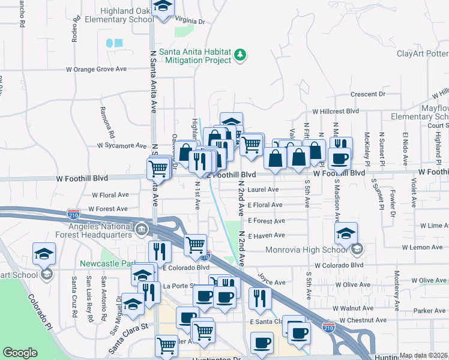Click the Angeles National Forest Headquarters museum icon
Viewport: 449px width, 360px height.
pos(142,229)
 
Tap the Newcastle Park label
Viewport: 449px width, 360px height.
pos(105,263)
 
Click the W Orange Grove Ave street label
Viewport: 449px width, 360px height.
pos(96,69)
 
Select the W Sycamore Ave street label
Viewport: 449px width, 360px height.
pos(122,146)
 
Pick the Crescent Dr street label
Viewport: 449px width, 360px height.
pos(367,94)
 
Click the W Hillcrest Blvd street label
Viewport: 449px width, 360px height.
pos(335,112)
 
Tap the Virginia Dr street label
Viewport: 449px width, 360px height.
pos(188,21)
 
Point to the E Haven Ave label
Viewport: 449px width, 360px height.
pos(267,235)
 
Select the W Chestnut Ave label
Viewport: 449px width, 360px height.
pos(361,320)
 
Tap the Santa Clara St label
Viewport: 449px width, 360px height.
pos(128,336)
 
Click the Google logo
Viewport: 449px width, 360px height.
pos(20,353)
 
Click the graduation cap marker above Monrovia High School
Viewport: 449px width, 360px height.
pos(346,233)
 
